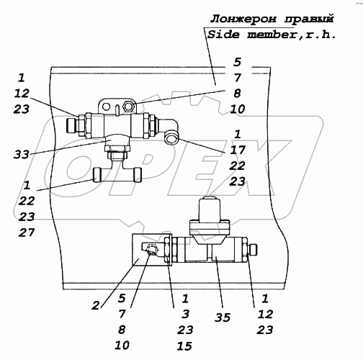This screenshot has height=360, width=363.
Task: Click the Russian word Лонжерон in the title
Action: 243,19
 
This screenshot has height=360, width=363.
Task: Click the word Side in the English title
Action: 223,35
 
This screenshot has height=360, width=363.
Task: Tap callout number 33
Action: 22,154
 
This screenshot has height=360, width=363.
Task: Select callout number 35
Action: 223,318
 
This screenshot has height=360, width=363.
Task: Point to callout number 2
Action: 96,305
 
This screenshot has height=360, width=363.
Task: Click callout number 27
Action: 27,233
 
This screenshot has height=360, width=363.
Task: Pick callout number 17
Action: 238,150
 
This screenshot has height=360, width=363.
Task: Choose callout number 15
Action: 184,346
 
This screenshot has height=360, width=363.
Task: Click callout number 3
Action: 185,314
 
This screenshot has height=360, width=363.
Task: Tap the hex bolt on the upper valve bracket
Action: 129,106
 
